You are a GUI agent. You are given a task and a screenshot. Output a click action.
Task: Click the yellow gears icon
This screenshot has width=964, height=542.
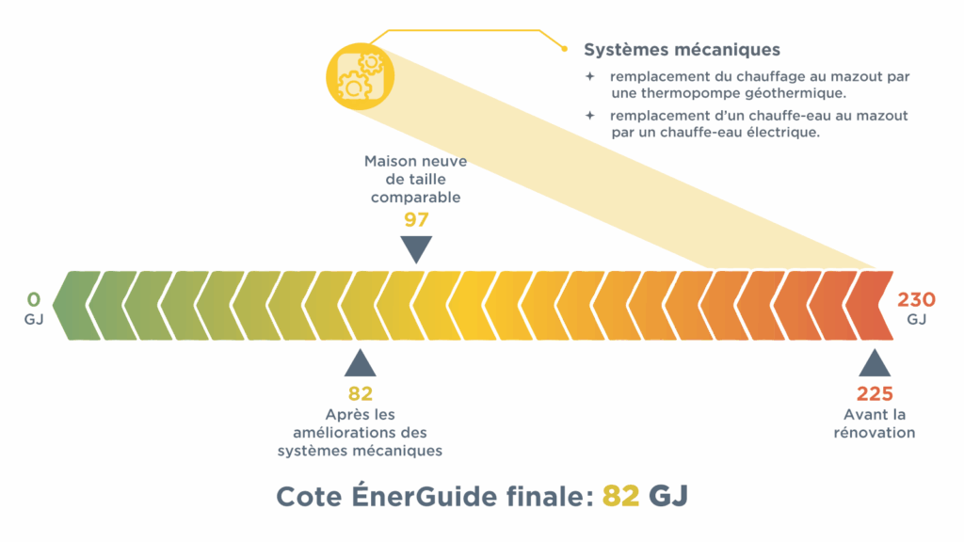pyautogui.click(x=357, y=75)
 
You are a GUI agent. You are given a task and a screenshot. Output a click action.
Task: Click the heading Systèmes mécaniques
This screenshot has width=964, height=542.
pyautogui.click(x=682, y=50)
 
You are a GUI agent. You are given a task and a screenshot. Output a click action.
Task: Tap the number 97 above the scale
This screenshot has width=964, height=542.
pyautogui.click(x=416, y=220)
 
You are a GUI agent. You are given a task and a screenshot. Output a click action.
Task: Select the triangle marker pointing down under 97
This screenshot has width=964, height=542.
pyautogui.click(x=416, y=248)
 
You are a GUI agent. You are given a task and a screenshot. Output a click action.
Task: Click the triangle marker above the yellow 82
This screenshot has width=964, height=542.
pyautogui.click(x=361, y=364)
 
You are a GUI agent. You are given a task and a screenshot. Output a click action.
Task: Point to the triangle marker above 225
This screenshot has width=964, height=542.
pyautogui.click(x=875, y=364)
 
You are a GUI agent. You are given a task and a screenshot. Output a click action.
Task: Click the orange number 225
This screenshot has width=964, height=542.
pyautogui.click(x=875, y=393)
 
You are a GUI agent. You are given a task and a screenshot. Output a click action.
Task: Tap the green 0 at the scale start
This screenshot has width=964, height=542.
pyautogui.click(x=34, y=300)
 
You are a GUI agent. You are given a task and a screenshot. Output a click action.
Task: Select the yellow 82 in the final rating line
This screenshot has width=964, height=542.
pyautogui.click(x=620, y=497)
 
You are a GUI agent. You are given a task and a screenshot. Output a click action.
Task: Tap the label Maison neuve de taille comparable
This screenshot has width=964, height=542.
pyautogui.click(x=415, y=179)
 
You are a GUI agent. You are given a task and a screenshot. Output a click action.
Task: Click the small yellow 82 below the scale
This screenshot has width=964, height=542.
pyautogui.click(x=361, y=393)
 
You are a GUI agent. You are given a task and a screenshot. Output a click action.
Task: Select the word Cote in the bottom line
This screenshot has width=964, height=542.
pyautogui.click(x=310, y=497)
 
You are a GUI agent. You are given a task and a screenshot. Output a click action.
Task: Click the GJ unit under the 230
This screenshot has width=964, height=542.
pyautogui.click(x=917, y=320)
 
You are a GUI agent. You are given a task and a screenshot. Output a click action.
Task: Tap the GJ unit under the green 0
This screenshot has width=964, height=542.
pyautogui.click(x=34, y=320)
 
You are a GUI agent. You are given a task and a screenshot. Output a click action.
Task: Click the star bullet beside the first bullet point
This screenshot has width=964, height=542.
pyautogui.click(x=589, y=76)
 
